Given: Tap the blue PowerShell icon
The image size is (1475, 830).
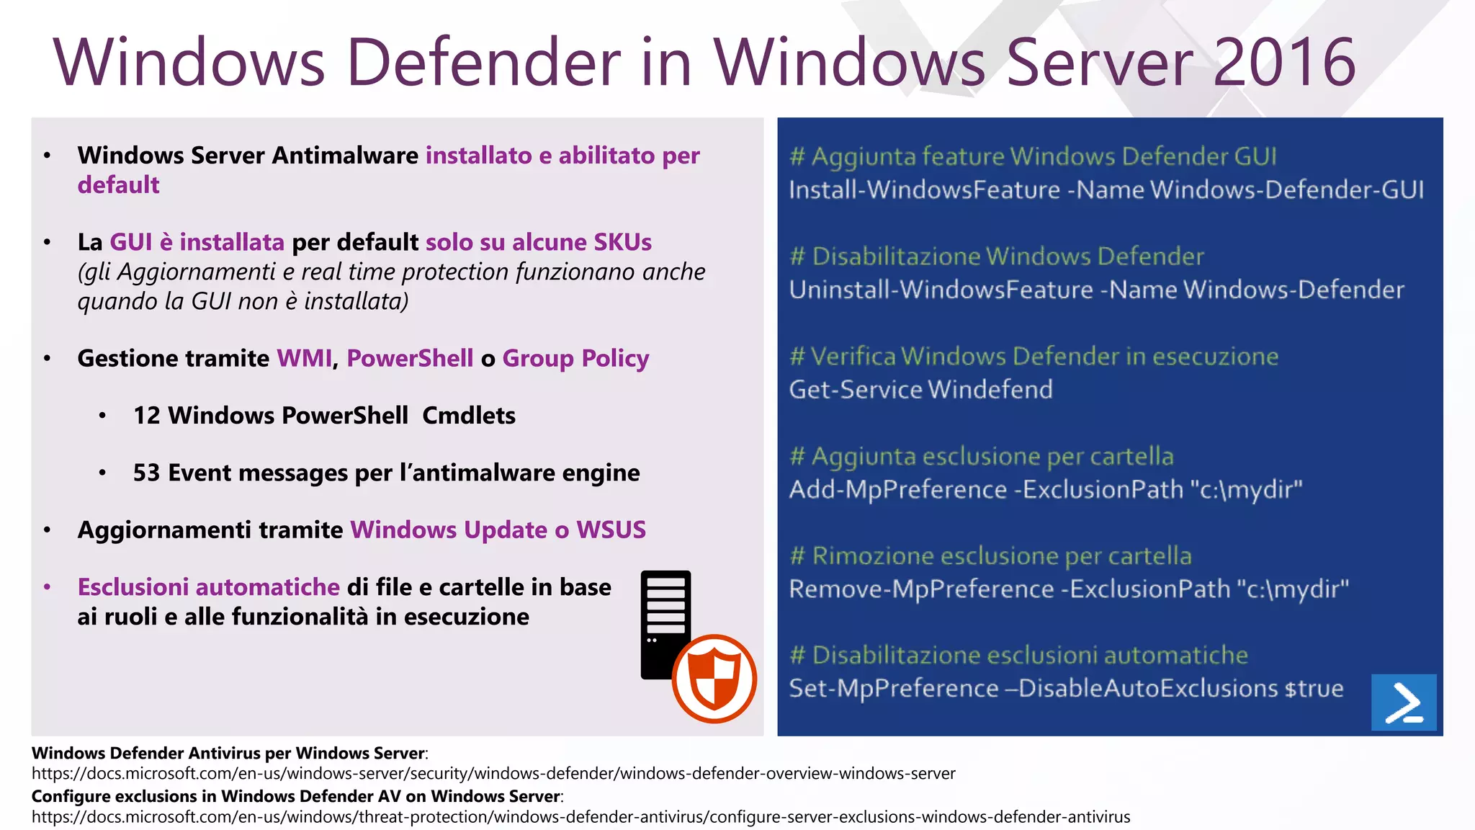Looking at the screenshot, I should [x=1403, y=702].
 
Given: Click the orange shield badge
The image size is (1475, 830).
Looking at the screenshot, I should [x=714, y=679].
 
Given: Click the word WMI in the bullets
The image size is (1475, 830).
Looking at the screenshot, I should [x=305, y=358].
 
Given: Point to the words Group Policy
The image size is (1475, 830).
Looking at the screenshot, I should [x=575, y=358].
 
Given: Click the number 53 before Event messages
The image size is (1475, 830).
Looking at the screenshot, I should [x=146, y=473].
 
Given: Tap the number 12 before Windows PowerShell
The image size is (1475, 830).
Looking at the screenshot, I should [x=146, y=416].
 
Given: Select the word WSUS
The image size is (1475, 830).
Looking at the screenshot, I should [x=611, y=530].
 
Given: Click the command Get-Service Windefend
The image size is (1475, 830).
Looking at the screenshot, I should [x=920, y=390].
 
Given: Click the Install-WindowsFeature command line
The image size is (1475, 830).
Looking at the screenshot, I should [x=1106, y=190].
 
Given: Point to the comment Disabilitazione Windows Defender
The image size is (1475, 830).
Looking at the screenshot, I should [x=997, y=256].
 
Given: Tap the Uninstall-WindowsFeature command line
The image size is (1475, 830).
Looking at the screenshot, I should [x=1096, y=290].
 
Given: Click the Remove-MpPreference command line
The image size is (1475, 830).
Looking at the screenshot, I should [x=1069, y=589].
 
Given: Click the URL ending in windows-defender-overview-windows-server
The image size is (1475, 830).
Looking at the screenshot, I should [x=493, y=774].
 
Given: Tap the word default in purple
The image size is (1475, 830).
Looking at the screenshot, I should [x=118, y=185].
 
